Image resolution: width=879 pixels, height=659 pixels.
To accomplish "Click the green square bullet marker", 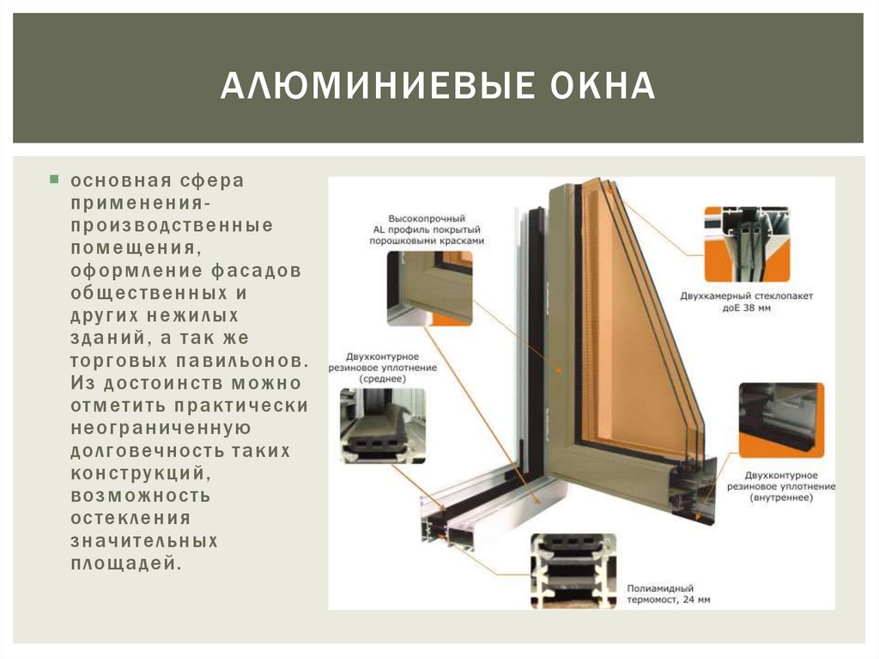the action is (54, 180).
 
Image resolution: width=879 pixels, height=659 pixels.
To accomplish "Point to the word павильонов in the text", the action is (242, 361).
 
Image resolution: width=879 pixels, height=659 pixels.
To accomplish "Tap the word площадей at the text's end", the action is (126, 564).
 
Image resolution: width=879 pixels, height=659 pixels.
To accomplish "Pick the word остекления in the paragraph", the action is (130, 518).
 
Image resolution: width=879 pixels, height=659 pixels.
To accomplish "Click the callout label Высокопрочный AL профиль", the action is (427, 224).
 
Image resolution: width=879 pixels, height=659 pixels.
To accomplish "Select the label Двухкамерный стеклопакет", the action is (746, 296).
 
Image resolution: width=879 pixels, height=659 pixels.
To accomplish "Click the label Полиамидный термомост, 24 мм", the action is (668, 594).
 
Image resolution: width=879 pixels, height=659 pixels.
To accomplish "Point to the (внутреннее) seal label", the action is (781, 497).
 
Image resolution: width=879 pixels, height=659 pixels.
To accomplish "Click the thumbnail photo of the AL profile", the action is (429, 289).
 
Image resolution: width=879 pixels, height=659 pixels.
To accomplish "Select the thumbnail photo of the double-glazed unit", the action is (747, 244).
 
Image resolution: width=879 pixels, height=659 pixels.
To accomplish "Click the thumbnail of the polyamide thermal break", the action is (573, 571).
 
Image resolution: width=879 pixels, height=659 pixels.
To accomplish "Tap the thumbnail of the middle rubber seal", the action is (383, 425).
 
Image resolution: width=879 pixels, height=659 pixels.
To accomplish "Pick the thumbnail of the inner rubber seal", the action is (781, 420).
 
